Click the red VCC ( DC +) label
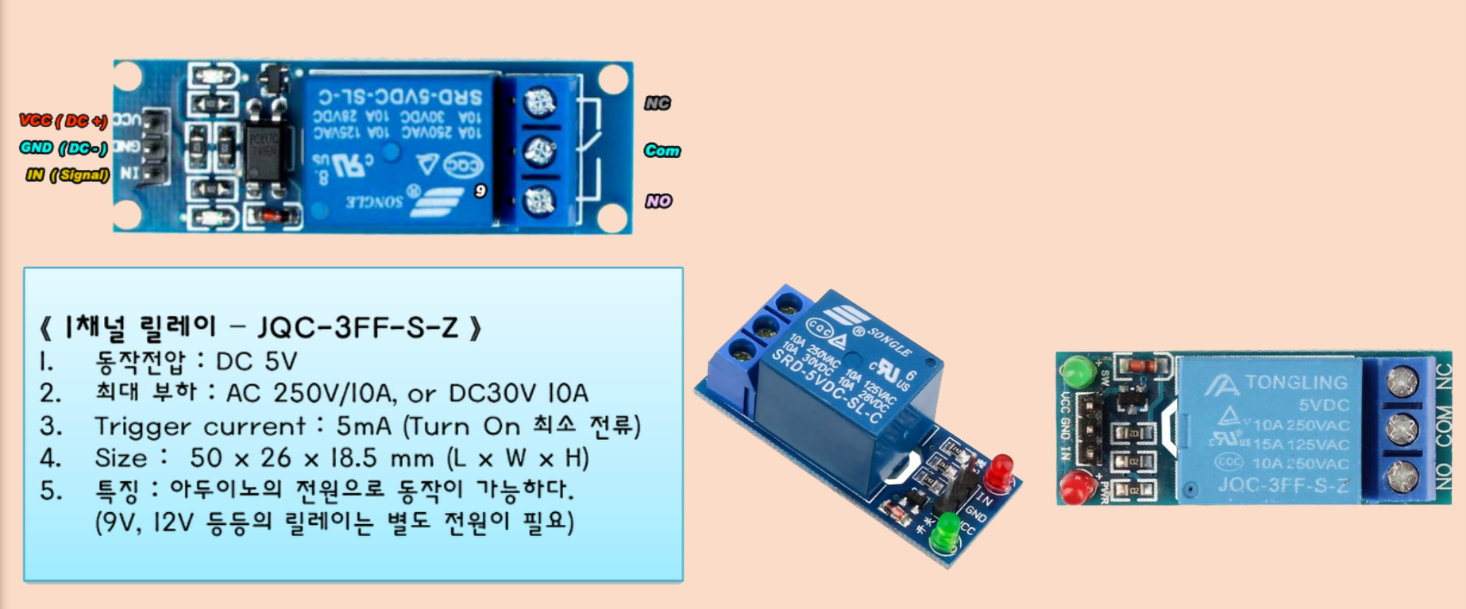[x=64, y=121]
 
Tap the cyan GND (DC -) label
[x=64, y=148]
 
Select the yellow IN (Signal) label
[x=68, y=175]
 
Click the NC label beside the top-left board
[x=657, y=103]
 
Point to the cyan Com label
[x=662, y=150]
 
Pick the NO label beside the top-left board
[x=658, y=201]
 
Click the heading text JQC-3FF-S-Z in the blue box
[x=357, y=327]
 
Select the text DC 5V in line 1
[x=256, y=362]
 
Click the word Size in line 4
[x=121, y=458]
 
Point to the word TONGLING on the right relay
[x=1296, y=383]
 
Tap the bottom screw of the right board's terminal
[x=1402, y=476]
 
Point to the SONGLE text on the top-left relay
[x=375, y=201]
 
